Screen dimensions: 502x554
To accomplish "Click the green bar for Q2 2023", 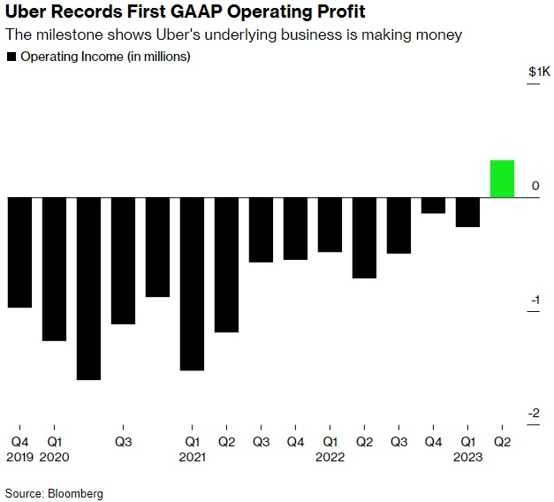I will pyautogui.click(x=502, y=179).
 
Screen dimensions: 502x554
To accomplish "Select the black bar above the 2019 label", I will pyautogui.click(x=19, y=252).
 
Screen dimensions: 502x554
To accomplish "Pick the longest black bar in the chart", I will pyautogui.click(x=88, y=288).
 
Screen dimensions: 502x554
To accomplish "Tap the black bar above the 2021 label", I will pyautogui.click(x=192, y=283).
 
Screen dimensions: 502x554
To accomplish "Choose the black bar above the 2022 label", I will pyautogui.click(x=330, y=224).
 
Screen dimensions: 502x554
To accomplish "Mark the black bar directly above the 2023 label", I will pyautogui.click(x=467, y=212).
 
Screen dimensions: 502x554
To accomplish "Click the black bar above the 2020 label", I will pyautogui.click(x=54, y=269).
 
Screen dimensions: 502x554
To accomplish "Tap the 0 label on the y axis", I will pyautogui.click(x=536, y=186).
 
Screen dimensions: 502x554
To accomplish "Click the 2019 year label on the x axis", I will pyautogui.click(x=19, y=457).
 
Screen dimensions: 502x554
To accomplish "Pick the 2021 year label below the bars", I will pyautogui.click(x=192, y=457).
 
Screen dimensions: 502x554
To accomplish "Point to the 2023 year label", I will pyautogui.click(x=467, y=457).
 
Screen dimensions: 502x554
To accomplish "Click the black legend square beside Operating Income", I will pyautogui.click(x=11, y=57).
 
